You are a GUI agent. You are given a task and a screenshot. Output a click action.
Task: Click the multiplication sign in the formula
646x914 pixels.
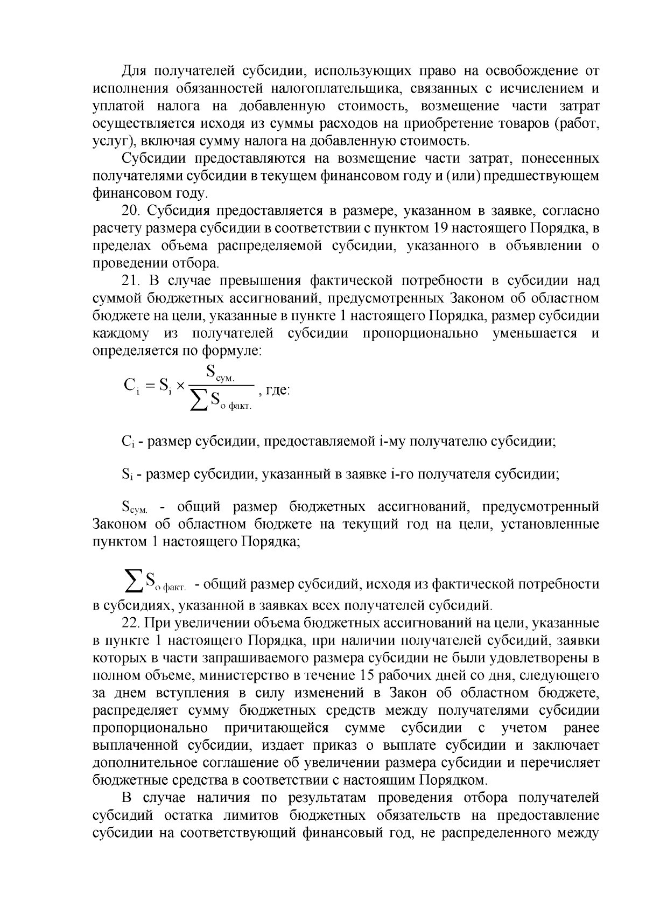click(x=181, y=386)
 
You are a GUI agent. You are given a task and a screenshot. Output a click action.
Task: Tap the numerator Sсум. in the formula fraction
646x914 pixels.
click(x=221, y=372)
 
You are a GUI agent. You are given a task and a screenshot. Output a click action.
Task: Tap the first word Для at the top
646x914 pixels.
click(x=132, y=70)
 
